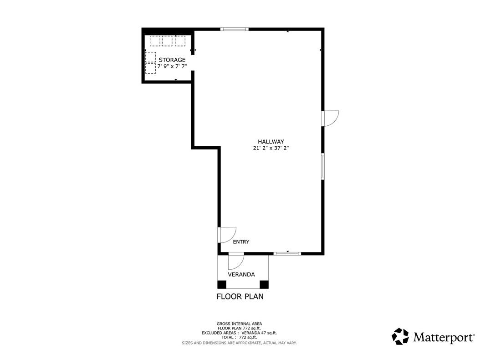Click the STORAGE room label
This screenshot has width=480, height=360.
click(x=172, y=60)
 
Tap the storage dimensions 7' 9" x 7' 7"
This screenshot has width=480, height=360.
click(x=172, y=66)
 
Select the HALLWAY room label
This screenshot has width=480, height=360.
click(x=271, y=142)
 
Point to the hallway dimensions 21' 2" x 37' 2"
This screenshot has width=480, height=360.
click(x=271, y=148)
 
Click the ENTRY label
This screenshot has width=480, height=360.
click(x=241, y=242)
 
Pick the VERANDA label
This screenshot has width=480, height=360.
click(x=241, y=274)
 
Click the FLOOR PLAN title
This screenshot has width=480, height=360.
click(x=240, y=297)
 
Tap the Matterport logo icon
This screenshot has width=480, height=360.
click(x=400, y=336)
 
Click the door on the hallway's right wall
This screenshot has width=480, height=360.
click(x=330, y=118)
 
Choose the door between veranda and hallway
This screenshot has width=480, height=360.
click(x=235, y=261)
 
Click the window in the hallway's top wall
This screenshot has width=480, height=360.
click(x=234, y=29)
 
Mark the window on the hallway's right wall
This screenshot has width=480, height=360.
click(x=322, y=166)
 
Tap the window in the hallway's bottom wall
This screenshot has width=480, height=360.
click(x=287, y=253)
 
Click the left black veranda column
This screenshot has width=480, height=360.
click(x=222, y=285)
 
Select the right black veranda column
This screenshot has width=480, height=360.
click(x=264, y=285)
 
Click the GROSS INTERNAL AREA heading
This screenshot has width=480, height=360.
click(x=239, y=324)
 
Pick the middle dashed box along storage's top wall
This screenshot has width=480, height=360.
click(x=167, y=41)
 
